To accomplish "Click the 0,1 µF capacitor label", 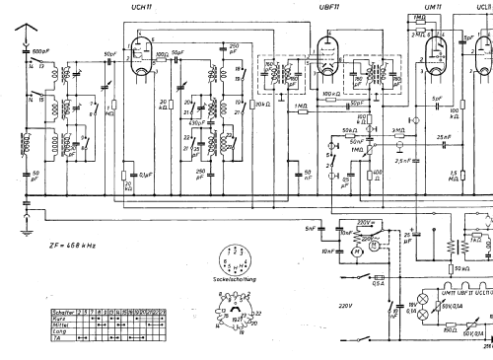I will point(145,177).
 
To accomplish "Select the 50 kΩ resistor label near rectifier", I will point(461,268).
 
